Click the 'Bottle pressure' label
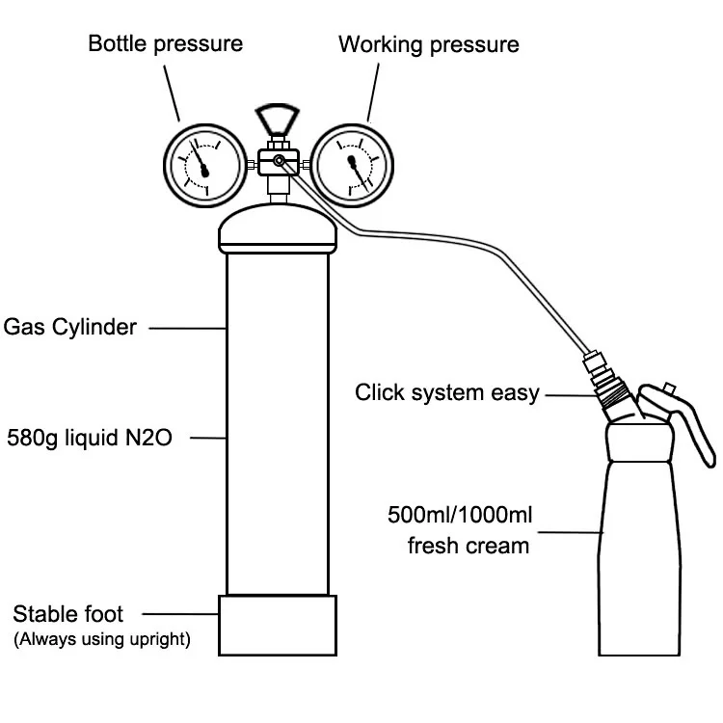point(166,44)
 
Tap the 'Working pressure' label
point(429,45)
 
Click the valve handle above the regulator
point(278,119)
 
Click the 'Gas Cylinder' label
point(70,328)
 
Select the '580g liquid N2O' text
point(90,437)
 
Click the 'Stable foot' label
point(67,614)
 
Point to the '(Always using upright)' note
point(102,639)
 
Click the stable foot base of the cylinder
point(278,626)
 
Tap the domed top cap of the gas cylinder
point(278,228)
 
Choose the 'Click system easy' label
point(446,393)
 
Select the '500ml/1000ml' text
point(460,515)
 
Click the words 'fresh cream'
point(468,546)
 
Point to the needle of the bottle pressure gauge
point(200,159)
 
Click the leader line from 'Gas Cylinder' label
point(187,329)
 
